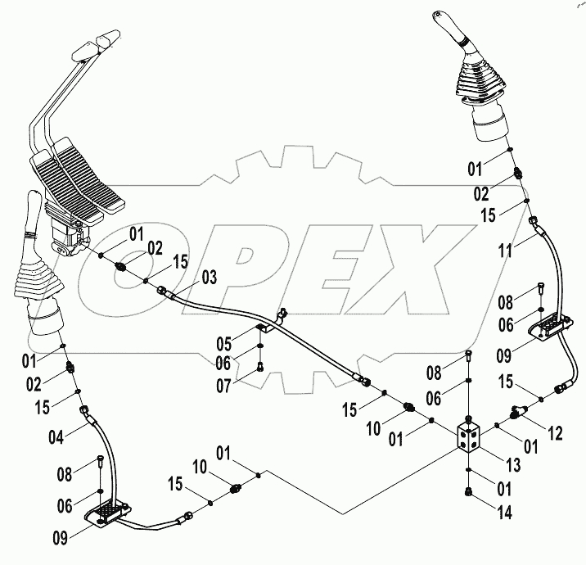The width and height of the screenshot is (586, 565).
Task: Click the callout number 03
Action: pos(210,278)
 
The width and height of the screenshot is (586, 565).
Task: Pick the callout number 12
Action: pos(556,433)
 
